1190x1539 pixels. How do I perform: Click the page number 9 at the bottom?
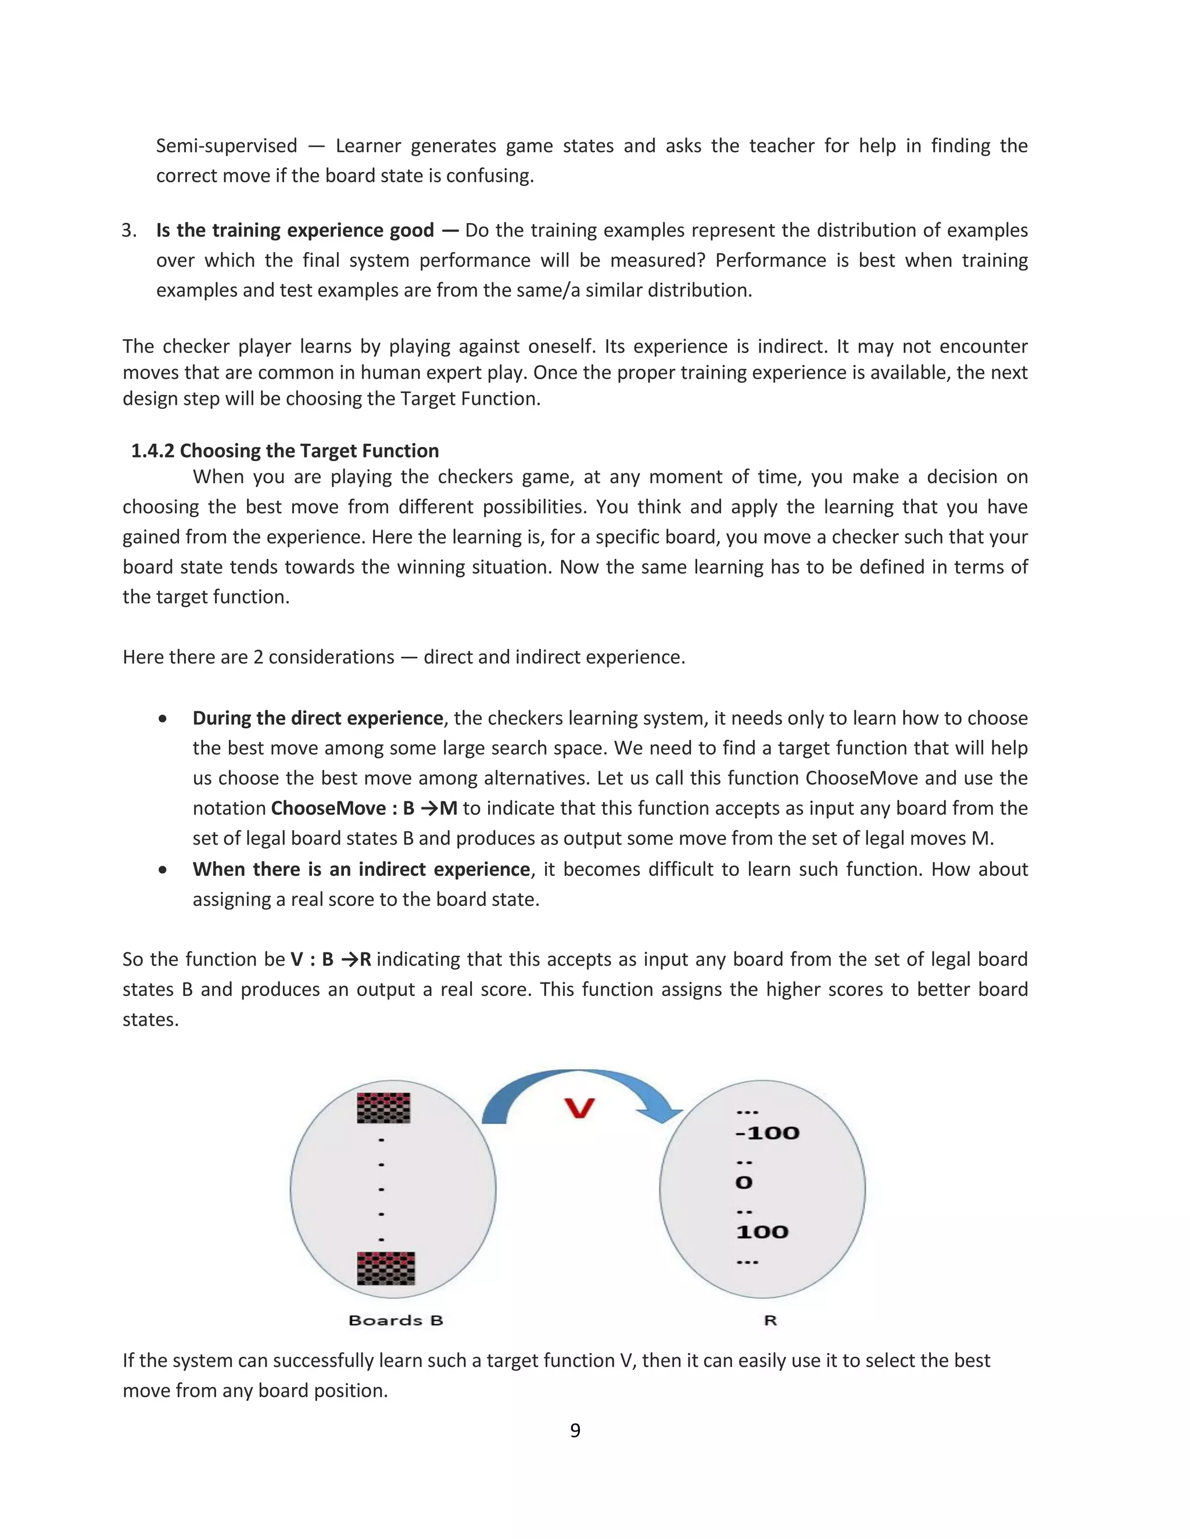point(575,1430)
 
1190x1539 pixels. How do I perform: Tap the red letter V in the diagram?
point(579,1109)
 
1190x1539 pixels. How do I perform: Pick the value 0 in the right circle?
point(744,1182)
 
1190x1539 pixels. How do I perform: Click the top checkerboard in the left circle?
point(383,1107)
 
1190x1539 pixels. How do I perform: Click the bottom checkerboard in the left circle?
point(386,1268)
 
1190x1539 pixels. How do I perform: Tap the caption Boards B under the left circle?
point(396,1321)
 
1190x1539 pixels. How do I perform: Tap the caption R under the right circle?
point(770,1321)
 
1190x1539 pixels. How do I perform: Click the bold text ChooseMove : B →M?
point(364,808)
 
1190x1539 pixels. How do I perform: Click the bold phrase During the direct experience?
point(317,718)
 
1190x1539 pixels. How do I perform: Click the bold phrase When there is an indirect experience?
point(361,869)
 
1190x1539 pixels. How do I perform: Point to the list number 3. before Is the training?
point(129,231)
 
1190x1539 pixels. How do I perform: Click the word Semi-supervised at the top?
point(226,146)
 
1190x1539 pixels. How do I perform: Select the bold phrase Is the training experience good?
point(295,231)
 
